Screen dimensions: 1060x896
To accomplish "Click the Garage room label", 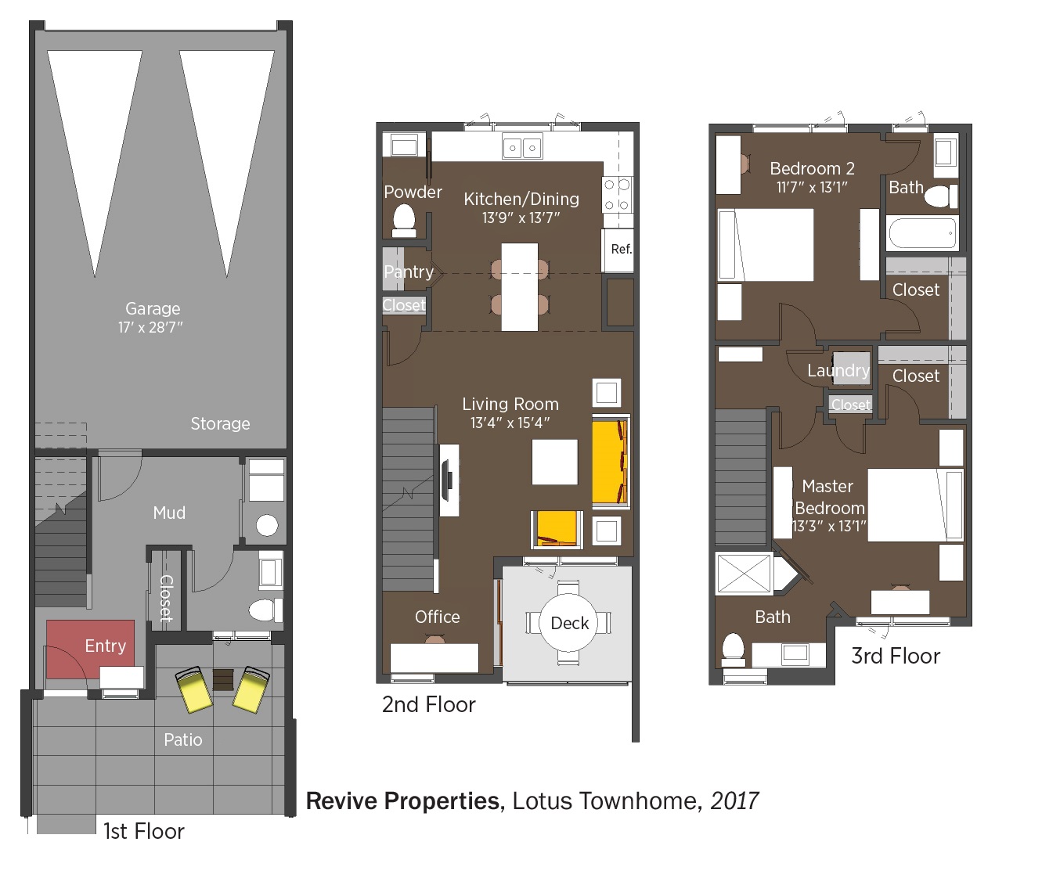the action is pyautogui.click(x=153, y=308).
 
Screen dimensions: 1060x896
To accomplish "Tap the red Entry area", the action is pyautogui.click(x=90, y=649).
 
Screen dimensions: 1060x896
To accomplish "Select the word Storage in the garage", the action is pyautogui.click(x=221, y=423).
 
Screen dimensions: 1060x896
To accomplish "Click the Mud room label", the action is pyautogui.click(x=169, y=513).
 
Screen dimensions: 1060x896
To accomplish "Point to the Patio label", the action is pyautogui.click(x=183, y=739).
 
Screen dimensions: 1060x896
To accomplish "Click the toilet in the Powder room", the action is pyautogui.click(x=404, y=221).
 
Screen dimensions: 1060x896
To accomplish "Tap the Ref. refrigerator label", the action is pyautogui.click(x=622, y=249).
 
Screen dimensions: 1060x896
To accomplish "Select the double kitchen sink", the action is pyautogui.click(x=522, y=147).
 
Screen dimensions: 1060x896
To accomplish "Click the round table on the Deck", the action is pyautogui.click(x=568, y=622).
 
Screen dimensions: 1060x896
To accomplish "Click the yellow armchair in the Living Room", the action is pyautogui.click(x=557, y=529).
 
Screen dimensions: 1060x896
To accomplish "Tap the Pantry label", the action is pyautogui.click(x=409, y=272).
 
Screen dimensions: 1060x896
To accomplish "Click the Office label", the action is pyautogui.click(x=438, y=617).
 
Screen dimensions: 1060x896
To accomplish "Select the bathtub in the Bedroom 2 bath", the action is pyautogui.click(x=922, y=233).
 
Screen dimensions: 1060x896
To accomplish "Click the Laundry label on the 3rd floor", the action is pyautogui.click(x=838, y=370).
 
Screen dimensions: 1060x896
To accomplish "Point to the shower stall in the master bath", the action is pyautogui.click(x=744, y=574).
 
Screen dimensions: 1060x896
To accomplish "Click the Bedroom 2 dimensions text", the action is pyautogui.click(x=812, y=188).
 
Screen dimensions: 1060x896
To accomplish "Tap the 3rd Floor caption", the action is pyautogui.click(x=896, y=656).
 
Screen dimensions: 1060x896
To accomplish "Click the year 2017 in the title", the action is pyautogui.click(x=734, y=801).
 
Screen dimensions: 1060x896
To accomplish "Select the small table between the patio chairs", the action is pyautogui.click(x=223, y=680).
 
